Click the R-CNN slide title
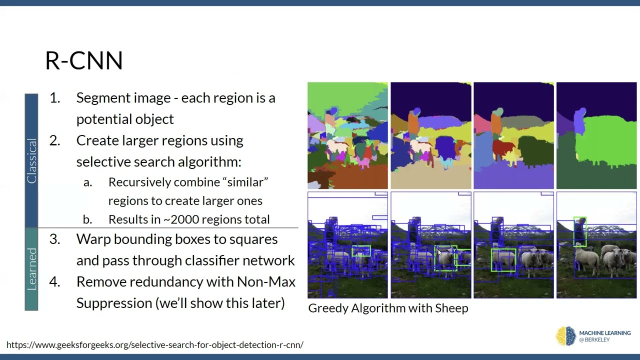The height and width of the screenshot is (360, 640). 83,60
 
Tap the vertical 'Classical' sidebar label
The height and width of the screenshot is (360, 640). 31,161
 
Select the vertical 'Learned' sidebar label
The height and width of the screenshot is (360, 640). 31,268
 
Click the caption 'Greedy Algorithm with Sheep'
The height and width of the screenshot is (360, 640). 388,308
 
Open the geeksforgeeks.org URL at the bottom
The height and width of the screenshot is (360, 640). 155,345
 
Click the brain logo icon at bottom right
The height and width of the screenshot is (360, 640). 566,336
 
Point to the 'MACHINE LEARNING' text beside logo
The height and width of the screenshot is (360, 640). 604,333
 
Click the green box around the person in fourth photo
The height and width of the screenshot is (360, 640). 579,231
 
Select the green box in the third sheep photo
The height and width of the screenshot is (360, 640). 503,260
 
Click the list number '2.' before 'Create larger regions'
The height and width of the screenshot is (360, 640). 54,140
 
